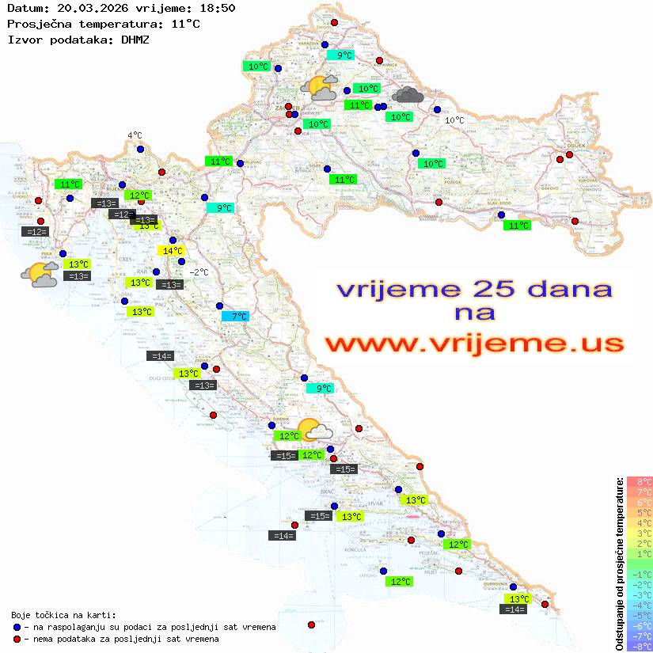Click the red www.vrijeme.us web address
point(473,344)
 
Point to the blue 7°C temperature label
point(235,317)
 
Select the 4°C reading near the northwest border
point(135,135)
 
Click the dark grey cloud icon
point(408,95)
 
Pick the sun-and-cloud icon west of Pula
point(40,275)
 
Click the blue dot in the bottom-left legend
point(17,627)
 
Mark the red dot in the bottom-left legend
point(17,639)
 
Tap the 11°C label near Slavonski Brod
point(517,226)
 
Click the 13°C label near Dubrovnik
point(519,599)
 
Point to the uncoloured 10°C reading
point(454,120)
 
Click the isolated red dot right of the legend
point(311,625)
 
